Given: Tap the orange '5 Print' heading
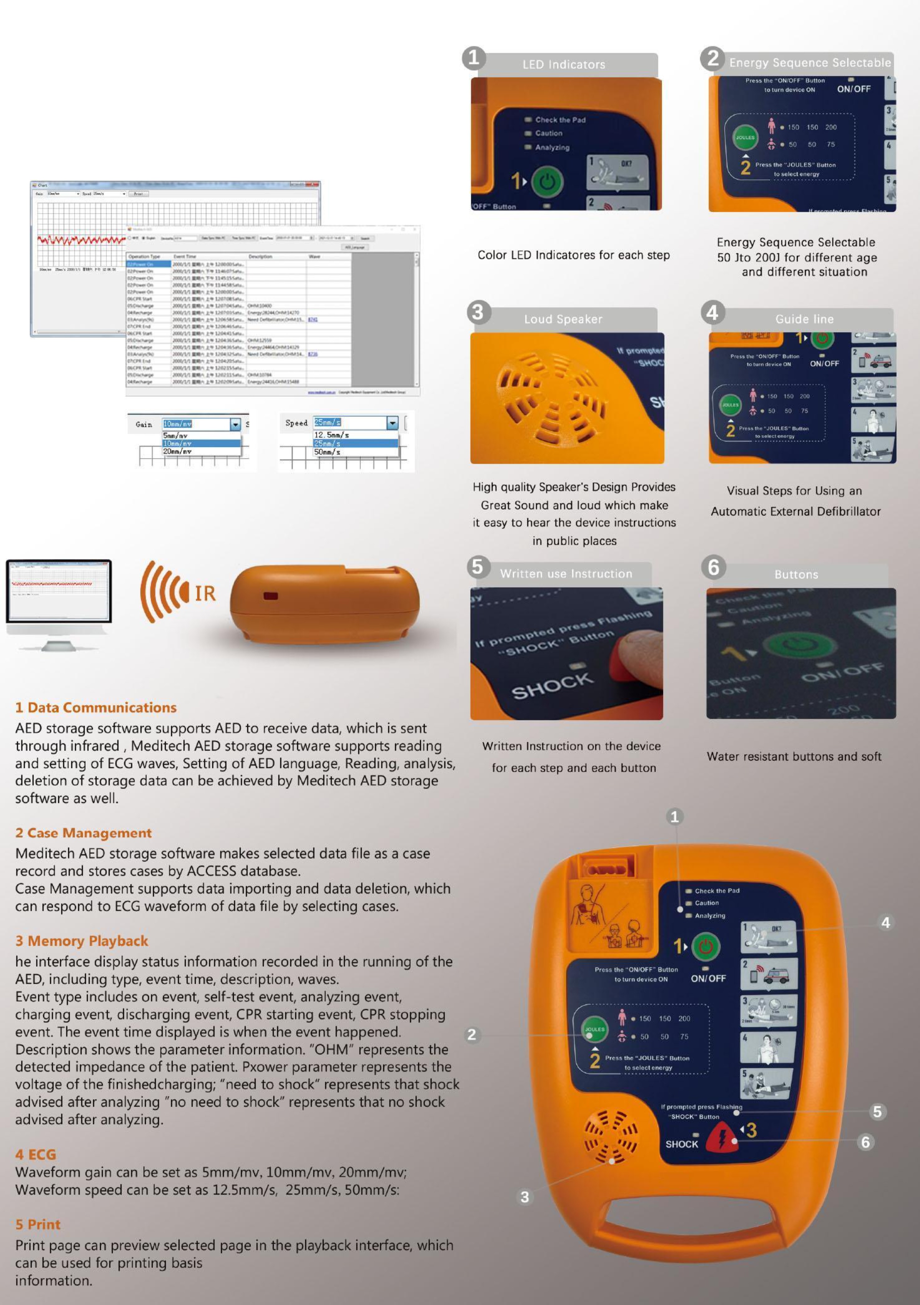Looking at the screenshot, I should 37,1224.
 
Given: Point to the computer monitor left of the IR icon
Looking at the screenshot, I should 59,591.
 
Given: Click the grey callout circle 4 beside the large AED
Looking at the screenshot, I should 885,923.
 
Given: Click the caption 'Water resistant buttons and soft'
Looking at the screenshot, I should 794,757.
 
